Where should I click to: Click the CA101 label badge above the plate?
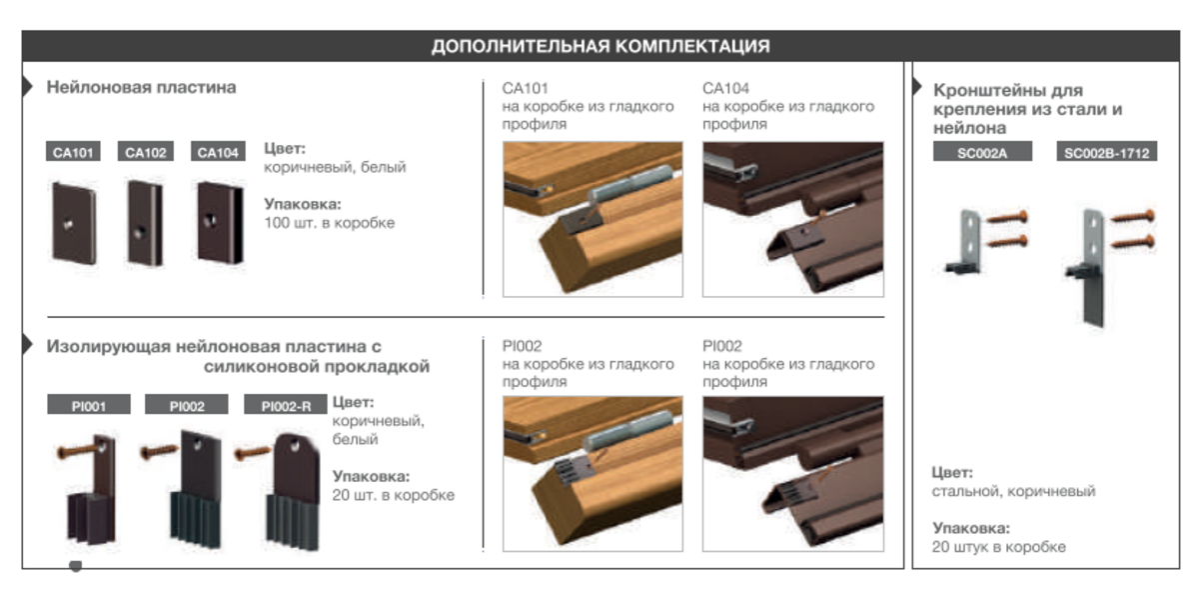[x=73, y=152]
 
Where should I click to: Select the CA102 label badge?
[x=146, y=152]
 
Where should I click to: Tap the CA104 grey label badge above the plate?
[x=218, y=152]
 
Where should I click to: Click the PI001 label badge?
[x=89, y=405]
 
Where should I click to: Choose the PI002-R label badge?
[x=286, y=405]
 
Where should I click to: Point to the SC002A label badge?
[x=982, y=152]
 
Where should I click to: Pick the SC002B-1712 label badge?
[x=1107, y=152]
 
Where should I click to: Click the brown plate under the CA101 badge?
[x=74, y=223]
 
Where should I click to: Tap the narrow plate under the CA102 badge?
[x=145, y=223]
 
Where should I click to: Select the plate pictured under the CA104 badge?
[x=220, y=223]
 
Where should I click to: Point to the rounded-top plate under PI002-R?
[x=294, y=492]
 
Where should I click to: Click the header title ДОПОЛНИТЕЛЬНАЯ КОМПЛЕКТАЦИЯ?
[x=600, y=46]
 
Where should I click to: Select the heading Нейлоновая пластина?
[x=141, y=87]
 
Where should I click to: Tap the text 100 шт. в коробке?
[x=329, y=222]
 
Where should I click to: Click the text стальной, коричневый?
[x=1013, y=491]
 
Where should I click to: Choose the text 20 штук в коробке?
[x=999, y=547]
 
